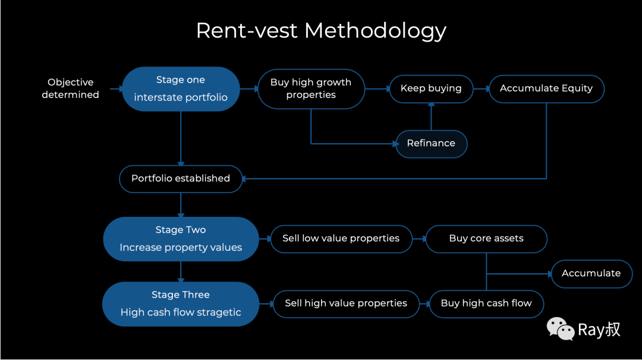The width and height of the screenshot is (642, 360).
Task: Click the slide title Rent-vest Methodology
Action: point(321,31)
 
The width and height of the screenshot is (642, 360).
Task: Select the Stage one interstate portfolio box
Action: point(181,89)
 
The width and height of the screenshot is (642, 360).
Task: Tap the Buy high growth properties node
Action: point(311,89)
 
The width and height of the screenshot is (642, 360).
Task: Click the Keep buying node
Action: point(431,89)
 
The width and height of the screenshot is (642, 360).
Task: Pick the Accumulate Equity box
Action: point(546,89)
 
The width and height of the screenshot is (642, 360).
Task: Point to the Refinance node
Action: point(431,144)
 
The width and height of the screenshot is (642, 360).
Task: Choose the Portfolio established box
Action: point(181,179)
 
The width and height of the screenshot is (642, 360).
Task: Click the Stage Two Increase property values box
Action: point(181,239)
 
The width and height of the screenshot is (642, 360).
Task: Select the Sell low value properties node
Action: point(341,239)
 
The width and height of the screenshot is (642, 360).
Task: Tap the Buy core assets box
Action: point(486,239)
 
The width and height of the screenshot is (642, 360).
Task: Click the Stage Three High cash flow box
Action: point(181,304)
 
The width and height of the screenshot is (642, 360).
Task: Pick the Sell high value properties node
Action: point(346,304)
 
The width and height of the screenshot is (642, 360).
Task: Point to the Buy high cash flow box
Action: point(486,304)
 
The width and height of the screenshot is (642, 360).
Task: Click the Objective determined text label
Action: point(70,89)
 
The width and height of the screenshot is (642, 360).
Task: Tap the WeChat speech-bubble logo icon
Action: point(561,329)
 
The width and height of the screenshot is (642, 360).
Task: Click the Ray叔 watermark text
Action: point(599,330)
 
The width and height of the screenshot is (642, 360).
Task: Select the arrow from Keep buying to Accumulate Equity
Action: point(481,89)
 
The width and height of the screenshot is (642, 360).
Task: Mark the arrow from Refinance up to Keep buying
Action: point(431,116)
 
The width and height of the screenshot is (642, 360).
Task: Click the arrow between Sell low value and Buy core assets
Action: point(419,239)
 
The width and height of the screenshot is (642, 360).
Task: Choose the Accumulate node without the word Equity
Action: point(591,274)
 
